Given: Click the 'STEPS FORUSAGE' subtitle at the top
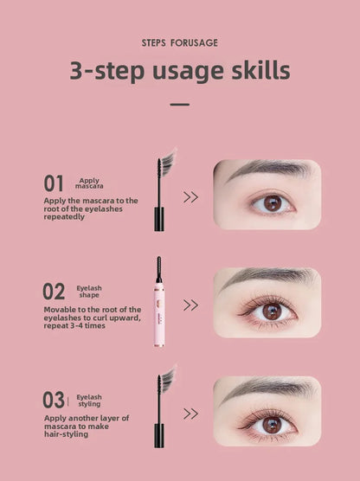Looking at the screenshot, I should point(179,42).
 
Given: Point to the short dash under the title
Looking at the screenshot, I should point(179,104).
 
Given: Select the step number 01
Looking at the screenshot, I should point(54,183).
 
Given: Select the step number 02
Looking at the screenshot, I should point(54,292).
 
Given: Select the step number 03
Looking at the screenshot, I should point(54,400).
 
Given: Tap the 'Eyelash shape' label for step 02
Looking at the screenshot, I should point(89,292).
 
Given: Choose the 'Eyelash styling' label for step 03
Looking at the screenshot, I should point(89,400).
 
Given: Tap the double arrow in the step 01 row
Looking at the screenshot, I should point(190,197).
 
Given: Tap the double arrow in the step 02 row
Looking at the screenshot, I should point(190,305).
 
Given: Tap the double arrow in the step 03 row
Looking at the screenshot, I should point(190,414).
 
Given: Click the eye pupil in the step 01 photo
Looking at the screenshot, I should point(272,203).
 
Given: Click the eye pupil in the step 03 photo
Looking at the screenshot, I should point(272,424).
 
